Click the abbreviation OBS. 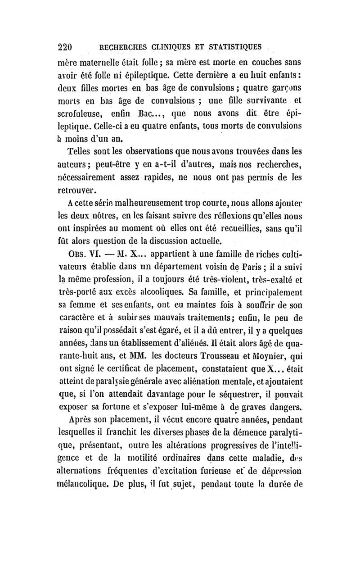[75, 250]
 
